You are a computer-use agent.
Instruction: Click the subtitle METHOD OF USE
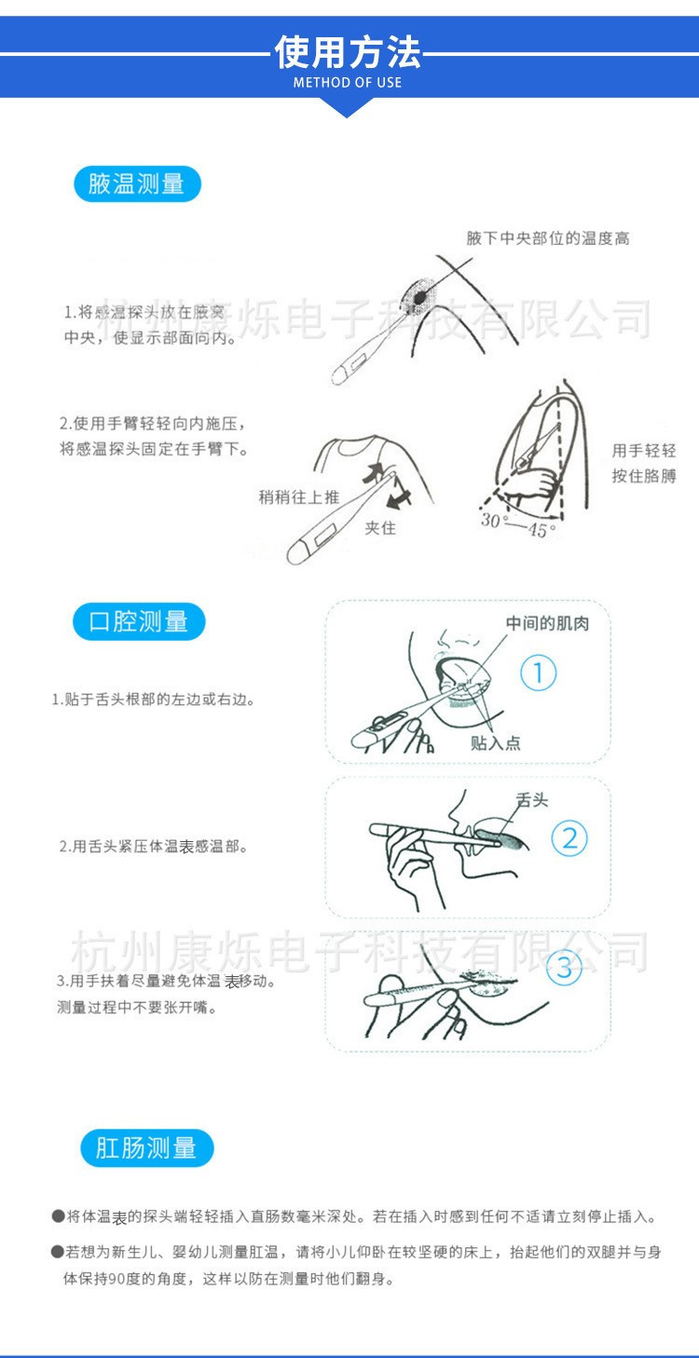tap(348, 83)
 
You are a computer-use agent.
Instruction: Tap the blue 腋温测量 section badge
tap(137, 184)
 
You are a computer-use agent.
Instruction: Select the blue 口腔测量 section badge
tap(138, 622)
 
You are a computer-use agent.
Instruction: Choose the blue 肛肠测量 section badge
tap(146, 1148)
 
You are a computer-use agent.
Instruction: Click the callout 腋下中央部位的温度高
tap(548, 238)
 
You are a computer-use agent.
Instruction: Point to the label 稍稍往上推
tap(298, 497)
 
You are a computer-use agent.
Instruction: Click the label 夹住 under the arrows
tap(380, 528)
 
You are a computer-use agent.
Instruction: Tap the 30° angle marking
tap(491, 521)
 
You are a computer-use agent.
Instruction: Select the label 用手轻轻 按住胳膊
tap(643, 463)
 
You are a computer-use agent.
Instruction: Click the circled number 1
tap(538, 673)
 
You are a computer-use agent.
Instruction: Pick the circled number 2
tap(569, 839)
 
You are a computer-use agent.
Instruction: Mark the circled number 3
tap(564, 968)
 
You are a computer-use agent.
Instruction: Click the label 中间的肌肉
tap(546, 622)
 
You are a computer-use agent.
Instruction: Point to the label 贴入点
tap(495, 742)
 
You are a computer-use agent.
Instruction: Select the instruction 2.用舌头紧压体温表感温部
tap(154, 847)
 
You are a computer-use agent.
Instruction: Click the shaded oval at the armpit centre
tap(420, 295)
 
